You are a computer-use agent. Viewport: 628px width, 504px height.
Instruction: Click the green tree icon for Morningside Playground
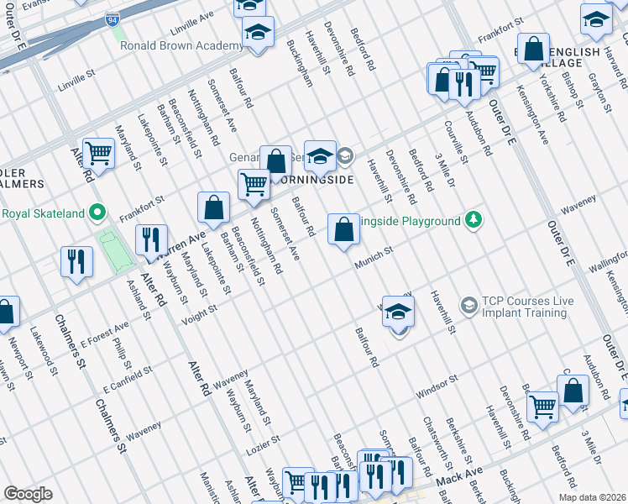pyautogui.click(x=474, y=221)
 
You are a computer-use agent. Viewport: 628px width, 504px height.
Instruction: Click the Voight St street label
pyautogui.click(x=201, y=314)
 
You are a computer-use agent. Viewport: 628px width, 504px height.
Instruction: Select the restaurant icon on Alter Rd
pyautogui.click(x=150, y=239)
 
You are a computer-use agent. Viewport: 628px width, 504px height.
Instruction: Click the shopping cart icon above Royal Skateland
pyautogui.click(x=99, y=153)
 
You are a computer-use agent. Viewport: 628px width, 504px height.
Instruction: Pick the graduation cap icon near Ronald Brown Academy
pyautogui.click(x=258, y=33)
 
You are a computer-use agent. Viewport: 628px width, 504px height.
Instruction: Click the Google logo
pyautogui.click(x=28, y=494)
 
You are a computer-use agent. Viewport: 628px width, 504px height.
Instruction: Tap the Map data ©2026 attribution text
pyautogui.click(x=591, y=497)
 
